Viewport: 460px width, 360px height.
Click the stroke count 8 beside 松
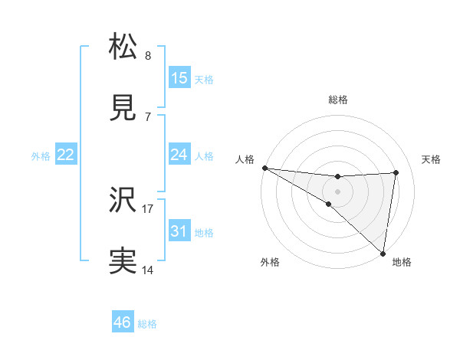148,56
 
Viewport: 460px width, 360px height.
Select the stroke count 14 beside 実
148,270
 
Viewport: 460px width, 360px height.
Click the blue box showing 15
179,78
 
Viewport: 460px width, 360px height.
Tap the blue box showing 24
179,155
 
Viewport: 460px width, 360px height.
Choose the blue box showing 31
179,231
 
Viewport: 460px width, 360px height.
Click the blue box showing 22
66,155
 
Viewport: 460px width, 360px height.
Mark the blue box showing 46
123,322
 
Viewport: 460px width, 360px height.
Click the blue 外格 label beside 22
41,155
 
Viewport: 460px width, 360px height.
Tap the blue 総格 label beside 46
147,324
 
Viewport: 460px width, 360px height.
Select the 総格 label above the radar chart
338,100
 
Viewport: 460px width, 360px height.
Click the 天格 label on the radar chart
432,159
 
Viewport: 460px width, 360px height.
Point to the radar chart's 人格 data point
264,167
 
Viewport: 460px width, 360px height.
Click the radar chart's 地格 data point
383,253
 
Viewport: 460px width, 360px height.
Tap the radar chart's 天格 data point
396,172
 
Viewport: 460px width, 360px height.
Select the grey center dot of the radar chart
338,191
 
